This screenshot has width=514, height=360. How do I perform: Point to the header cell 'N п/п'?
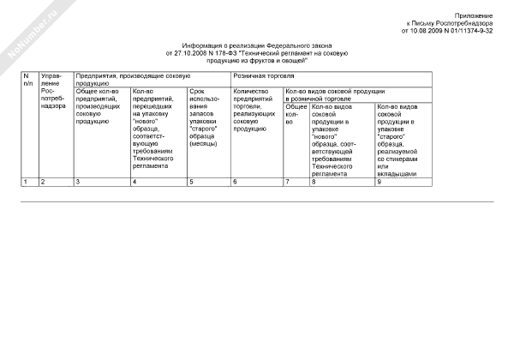pos(28,81)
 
